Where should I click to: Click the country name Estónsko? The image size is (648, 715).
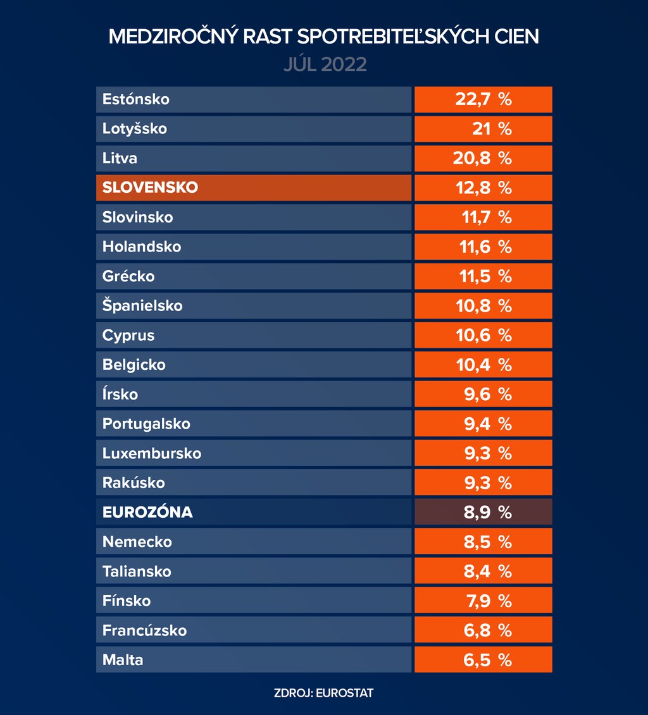136,99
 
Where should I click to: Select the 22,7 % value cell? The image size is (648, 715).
483,99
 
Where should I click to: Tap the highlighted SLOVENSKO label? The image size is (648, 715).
150,188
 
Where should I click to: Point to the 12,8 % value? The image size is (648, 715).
483,188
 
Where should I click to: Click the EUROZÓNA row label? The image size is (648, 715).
147,512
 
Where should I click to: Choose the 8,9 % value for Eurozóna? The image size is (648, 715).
483,512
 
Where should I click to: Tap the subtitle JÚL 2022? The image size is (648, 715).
325,64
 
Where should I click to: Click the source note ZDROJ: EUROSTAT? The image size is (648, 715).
324,693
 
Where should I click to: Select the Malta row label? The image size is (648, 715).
123,660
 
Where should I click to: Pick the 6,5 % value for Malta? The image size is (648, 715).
483,660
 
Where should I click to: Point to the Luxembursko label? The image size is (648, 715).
152,453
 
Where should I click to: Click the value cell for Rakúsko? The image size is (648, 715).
483,483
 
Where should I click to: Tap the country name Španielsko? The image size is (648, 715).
142,306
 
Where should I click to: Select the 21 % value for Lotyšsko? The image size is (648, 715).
483,129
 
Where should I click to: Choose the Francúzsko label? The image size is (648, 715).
145,630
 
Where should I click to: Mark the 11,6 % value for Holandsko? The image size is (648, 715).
483,247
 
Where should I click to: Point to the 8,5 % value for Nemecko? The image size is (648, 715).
483,542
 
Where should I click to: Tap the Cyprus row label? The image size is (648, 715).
128,335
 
